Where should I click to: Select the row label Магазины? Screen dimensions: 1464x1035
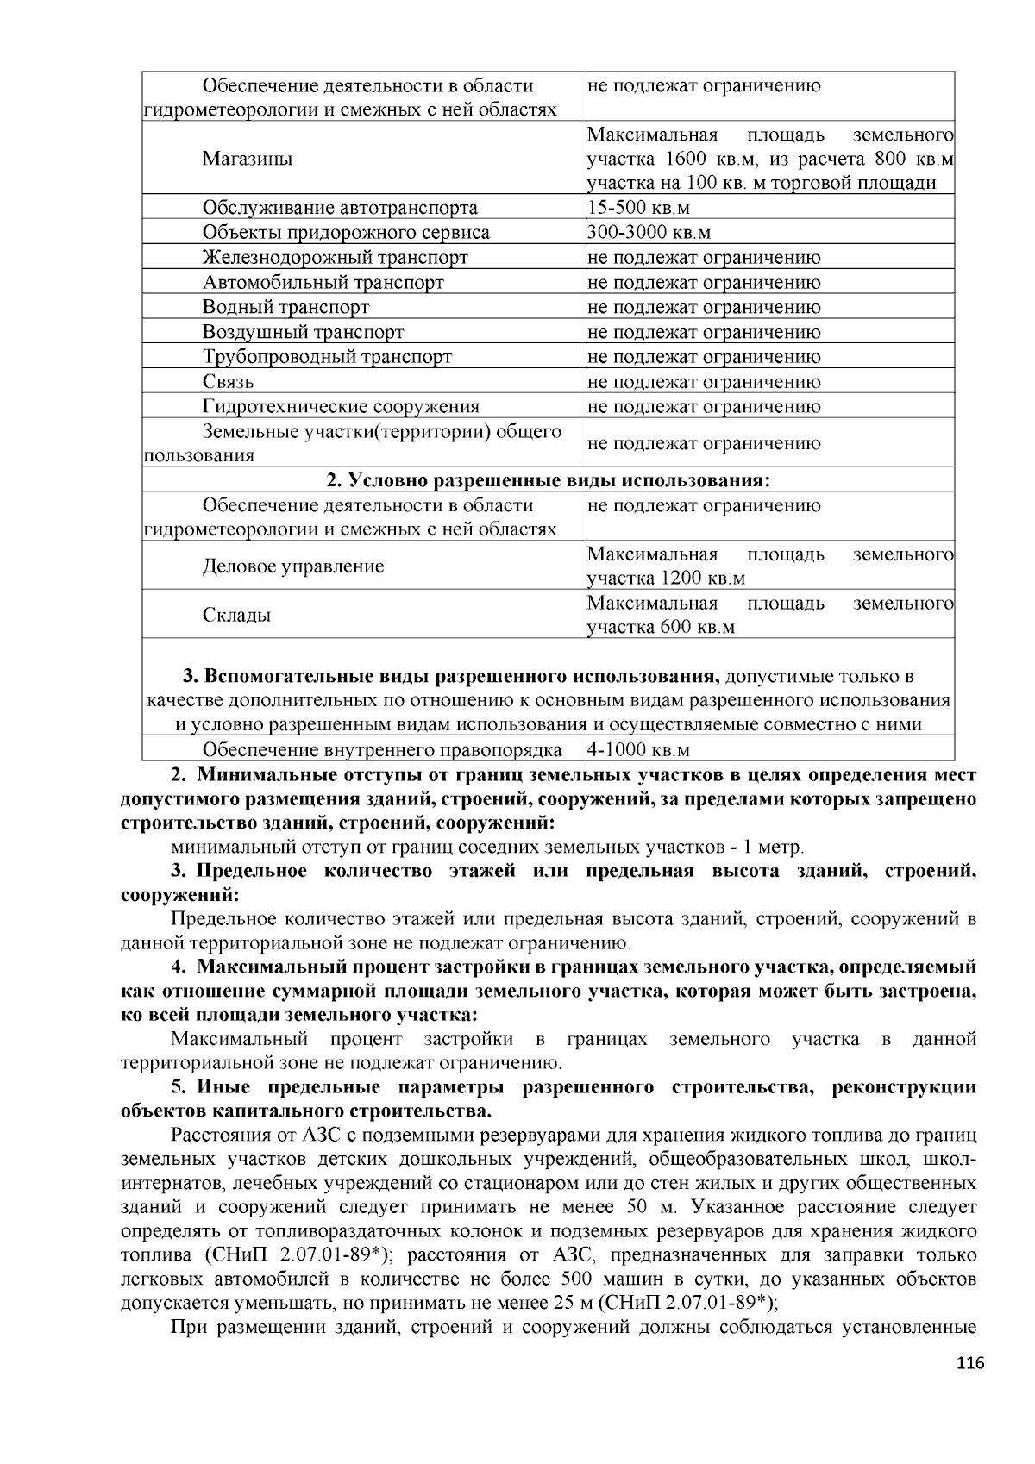(247, 160)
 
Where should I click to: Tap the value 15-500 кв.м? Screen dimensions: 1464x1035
(638, 208)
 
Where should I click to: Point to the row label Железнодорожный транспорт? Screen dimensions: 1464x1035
(335, 258)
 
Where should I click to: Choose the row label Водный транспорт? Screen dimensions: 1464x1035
(285, 308)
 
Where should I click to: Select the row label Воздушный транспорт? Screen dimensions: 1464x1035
(303, 333)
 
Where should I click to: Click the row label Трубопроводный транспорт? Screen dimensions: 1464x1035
(327, 357)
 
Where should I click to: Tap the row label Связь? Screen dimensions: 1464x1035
(228, 382)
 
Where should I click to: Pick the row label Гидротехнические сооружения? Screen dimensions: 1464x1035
(341, 407)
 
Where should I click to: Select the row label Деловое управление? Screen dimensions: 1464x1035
(293, 566)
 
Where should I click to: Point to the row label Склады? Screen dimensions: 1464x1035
(236, 616)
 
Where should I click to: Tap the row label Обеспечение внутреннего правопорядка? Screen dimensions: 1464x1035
(382, 749)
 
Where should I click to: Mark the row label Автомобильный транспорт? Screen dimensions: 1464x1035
(323, 283)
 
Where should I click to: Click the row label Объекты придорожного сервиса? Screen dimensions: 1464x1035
(346, 233)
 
